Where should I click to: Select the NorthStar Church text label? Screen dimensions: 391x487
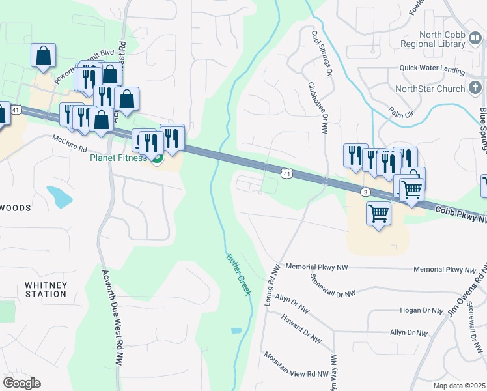point(430,89)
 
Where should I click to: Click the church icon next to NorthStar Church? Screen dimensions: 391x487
point(475,89)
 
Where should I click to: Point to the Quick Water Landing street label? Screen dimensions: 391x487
point(432,69)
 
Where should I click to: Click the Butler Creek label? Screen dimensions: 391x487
point(238,274)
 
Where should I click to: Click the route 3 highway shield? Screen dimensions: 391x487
point(366,192)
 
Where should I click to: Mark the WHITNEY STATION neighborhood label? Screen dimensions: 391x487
point(46,289)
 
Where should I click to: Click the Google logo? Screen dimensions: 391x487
point(21,383)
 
